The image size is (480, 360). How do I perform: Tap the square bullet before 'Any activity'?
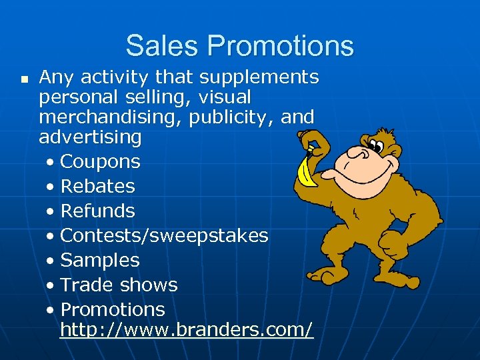click(x=24, y=79)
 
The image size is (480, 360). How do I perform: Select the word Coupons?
click(x=100, y=162)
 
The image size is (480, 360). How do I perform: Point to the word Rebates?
click(x=97, y=187)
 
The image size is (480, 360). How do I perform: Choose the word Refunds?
click(x=97, y=211)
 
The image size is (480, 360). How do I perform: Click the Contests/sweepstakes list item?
click(x=164, y=236)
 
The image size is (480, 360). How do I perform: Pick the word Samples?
click(x=100, y=261)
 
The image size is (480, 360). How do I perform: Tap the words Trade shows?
click(x=119, y=285)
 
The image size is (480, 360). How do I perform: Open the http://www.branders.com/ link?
click(x=186, y=330)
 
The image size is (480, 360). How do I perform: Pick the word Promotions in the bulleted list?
click(x=112, y=310)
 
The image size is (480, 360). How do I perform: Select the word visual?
click(x=223, y=97)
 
